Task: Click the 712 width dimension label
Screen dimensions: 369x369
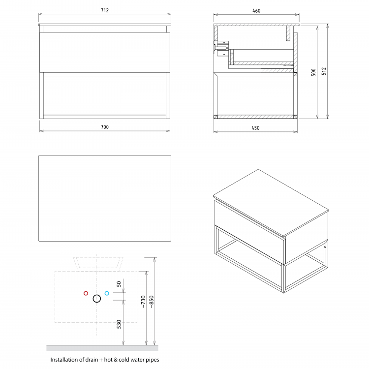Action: coord(105,10)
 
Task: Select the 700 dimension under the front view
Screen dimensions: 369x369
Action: coord(105,127)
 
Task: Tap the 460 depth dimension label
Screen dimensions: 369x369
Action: coord(256,10)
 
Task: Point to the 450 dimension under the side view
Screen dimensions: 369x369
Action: coord(256,128)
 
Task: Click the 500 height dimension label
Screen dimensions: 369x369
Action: coord(313,72)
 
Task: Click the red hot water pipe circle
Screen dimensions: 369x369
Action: coord(86,293)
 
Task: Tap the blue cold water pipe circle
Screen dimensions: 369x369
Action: coord(107,293)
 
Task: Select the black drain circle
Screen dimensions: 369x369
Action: coord(96,298)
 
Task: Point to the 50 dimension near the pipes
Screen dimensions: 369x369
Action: coord(119,284)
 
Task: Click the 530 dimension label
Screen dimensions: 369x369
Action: coord(119,325)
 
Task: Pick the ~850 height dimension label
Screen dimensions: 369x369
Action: coord(152,301)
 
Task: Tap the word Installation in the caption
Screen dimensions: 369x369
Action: coord(64,360)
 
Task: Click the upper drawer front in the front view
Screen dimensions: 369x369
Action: coord(105,52)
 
